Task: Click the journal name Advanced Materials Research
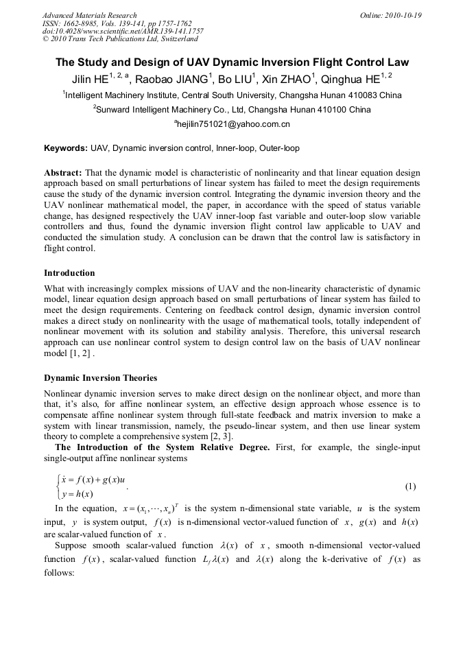click(x=89, y=15)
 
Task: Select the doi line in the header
click(x=123, y=31)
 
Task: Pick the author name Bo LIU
click(x=237, y=79)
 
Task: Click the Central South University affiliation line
click(x=232, y=95)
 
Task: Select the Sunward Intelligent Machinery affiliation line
click(x=232, y=109)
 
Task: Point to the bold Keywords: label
click(x=66, y=148)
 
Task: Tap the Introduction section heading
click(x=69, y=272)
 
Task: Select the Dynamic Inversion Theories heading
click(x=100, y=378)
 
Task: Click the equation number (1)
click(x=410, y=486)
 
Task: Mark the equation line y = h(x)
click(x=77, y=494)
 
